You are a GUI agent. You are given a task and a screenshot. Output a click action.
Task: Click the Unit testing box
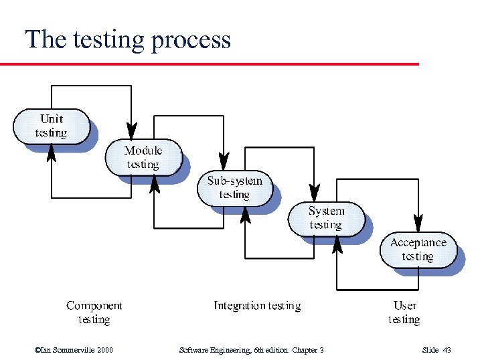(x=52, y=126)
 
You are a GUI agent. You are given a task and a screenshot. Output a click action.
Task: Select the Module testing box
(x=143, y=157)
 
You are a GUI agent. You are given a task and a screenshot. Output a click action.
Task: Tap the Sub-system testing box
(x=234, y=188)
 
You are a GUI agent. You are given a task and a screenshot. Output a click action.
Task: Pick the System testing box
(x=326, y=218)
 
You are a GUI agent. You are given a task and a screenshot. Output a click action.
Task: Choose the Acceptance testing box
(x=418, y=250)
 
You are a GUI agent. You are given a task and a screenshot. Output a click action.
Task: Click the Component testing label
(x=94, y=312)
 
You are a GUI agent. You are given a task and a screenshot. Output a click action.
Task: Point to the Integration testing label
(x=257, y=306)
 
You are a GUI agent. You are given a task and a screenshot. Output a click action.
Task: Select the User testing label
(x=404, y=312)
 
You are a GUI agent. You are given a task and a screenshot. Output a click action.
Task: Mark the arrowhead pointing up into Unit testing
(x=52, y=153)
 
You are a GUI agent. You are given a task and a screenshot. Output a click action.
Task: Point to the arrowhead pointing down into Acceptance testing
(x=418, y=221)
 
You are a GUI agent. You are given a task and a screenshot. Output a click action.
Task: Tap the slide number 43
(x=447, y=350)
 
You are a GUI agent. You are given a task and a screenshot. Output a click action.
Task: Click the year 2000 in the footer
(x=104, y=350)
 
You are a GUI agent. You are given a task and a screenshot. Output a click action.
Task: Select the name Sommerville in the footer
(x=72, y=350)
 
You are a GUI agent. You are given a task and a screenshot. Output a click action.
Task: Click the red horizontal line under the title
(x=209, y=64)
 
